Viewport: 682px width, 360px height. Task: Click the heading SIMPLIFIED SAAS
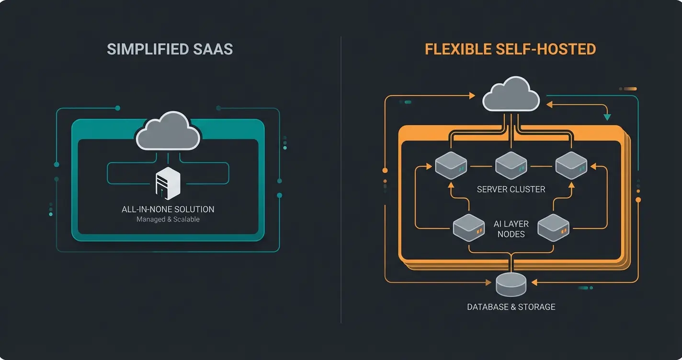click(170, 49)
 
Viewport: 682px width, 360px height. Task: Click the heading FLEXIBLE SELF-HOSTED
click(511, 49)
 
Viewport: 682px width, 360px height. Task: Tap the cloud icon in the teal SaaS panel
click(168, 130)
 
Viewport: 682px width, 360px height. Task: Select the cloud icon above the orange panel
click(511, 94)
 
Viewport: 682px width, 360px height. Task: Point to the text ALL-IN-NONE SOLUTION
click(168, 209)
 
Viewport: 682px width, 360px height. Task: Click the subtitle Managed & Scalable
click(168, 219)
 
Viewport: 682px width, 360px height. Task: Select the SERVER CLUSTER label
click(511, 189)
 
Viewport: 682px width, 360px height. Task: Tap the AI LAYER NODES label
click(511, 229)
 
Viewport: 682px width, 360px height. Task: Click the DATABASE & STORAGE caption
click(511, 307)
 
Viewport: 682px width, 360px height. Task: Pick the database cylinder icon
click(511, 284)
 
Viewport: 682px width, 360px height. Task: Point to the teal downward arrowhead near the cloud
click(607, 116)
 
